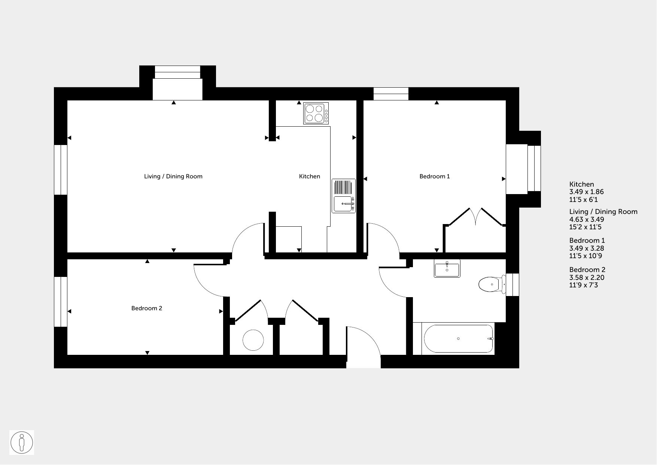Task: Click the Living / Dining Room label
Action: coord(173,176)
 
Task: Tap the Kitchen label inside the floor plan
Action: coord(310,176)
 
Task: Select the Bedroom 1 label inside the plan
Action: coord(435,176)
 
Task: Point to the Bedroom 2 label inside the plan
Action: coord(147,308)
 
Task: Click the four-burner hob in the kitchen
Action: coord(316,113)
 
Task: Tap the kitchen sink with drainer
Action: coord(344,196)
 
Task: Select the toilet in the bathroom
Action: coord(492,284)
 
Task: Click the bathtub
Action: coord(458,339)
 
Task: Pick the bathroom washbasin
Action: coord(447,268)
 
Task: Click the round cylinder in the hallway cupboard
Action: coord(253,340)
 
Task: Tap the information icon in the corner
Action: coord(22,443)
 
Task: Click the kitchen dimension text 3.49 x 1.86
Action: coord(587,192)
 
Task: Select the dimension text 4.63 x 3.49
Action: coord(587,220)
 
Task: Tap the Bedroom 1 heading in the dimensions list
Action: coord(587,241)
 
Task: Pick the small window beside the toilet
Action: coord(512,285)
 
